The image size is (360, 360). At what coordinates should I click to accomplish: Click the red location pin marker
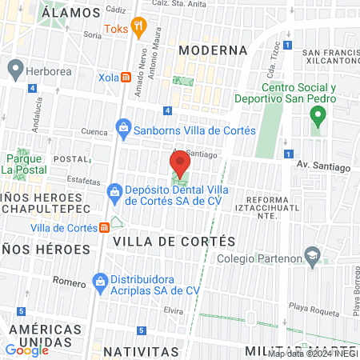pos(179,165)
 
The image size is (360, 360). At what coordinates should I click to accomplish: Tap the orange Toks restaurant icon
pos(138,27)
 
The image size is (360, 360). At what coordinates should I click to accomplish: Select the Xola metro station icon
pos(126,77)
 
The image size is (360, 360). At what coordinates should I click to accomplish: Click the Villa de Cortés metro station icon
pos(105,227)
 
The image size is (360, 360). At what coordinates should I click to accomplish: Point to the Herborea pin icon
pos(14,69)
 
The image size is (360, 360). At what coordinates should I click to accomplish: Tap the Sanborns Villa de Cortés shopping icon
pos(123,127)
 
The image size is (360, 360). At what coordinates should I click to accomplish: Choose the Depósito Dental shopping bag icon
pos(114,193)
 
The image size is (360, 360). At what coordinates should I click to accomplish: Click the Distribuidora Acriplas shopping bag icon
pos(100,281)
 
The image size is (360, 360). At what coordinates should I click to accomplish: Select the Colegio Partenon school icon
pos(314,258)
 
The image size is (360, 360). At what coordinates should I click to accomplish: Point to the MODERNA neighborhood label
pos(213,50)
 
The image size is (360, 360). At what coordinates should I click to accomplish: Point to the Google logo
pos(26,350)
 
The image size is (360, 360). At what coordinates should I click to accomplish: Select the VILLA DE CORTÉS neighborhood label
pos(174,241)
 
